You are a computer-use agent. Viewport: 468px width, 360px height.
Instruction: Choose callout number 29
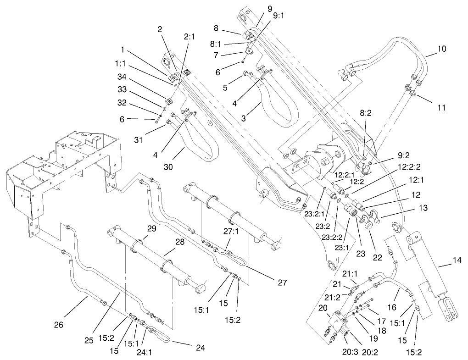139,228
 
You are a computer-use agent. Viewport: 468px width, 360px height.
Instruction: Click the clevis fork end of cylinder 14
451,310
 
